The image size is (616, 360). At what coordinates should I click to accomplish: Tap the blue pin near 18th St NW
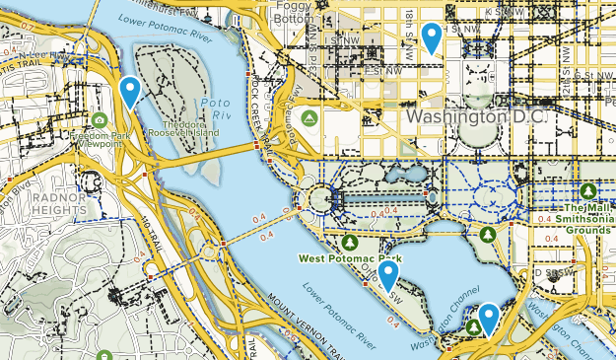pos(431,36)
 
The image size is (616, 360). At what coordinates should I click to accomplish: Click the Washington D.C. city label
pos(475,116)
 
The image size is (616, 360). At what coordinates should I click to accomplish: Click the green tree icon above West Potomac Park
pos(349,241)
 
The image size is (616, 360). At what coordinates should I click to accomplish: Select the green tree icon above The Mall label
pos(588,189)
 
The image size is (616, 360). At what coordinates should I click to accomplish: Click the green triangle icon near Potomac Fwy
pos(310,118)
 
